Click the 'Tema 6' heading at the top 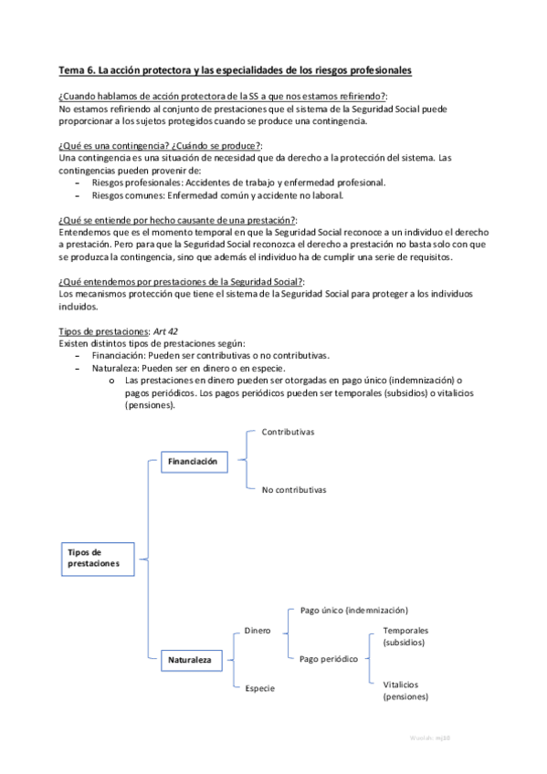(234, 70)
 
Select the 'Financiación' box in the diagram (192, 462)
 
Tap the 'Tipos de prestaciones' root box (92, 558)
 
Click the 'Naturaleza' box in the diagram (189, 657)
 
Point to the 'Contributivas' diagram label (288, 432)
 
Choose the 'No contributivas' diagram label (293, 490)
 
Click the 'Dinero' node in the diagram (258, 630)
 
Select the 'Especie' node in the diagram (259, 687)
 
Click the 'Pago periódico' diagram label (328, 658)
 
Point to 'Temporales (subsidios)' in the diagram (405, 636)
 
